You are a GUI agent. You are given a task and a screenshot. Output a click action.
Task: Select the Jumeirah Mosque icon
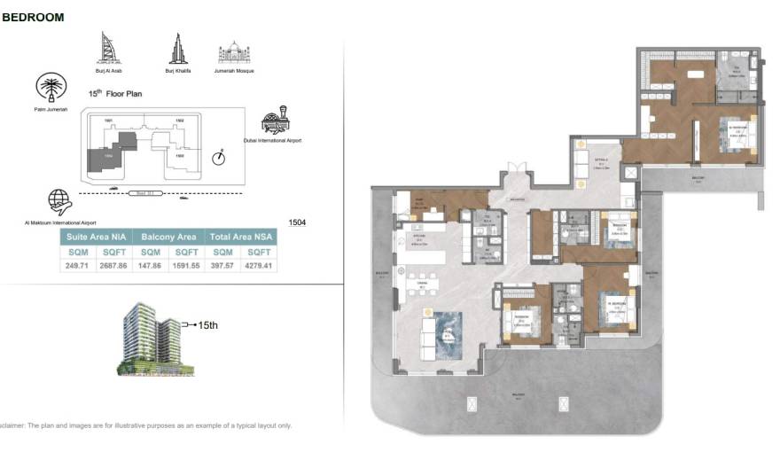pos(234,52)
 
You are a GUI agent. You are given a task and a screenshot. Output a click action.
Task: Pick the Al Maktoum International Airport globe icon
pos(60,201)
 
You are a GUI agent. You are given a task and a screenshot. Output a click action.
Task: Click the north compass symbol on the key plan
pos(219,158)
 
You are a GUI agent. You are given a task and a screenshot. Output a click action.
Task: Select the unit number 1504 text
pos(297,222)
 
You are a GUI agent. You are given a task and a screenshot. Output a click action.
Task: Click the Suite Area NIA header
pos(97,238)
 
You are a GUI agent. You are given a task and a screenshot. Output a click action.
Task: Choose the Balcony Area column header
pos(168,238)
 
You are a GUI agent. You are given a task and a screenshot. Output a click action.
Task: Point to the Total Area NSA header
pos(241,238)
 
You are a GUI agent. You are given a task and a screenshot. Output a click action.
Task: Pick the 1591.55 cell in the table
pos(187,265)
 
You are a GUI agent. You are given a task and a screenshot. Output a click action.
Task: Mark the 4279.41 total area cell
pos(260,265)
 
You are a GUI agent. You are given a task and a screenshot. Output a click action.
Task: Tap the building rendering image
pos(147,339)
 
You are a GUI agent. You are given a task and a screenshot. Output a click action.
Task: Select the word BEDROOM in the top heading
pos(33,17)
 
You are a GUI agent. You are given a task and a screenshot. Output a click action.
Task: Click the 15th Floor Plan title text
pos(114,93)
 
